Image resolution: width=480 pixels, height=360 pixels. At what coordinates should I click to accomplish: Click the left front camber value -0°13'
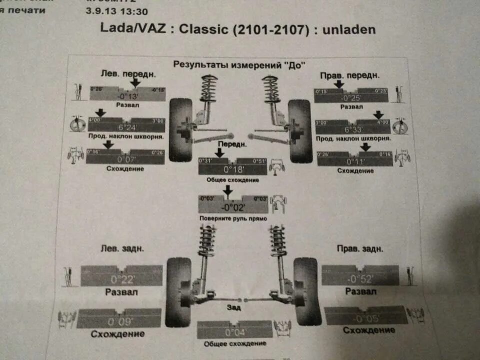click(x=128, y=96)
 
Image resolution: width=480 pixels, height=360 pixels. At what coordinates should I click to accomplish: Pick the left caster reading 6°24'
click(x=127, y=127)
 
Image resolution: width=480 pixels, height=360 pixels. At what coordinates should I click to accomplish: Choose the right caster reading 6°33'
click(x=352, y=129)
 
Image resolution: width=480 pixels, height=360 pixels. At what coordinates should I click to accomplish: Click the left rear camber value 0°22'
click(x=121, y=278)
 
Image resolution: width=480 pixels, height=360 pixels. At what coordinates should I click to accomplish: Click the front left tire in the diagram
click(x=180, y=129)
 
